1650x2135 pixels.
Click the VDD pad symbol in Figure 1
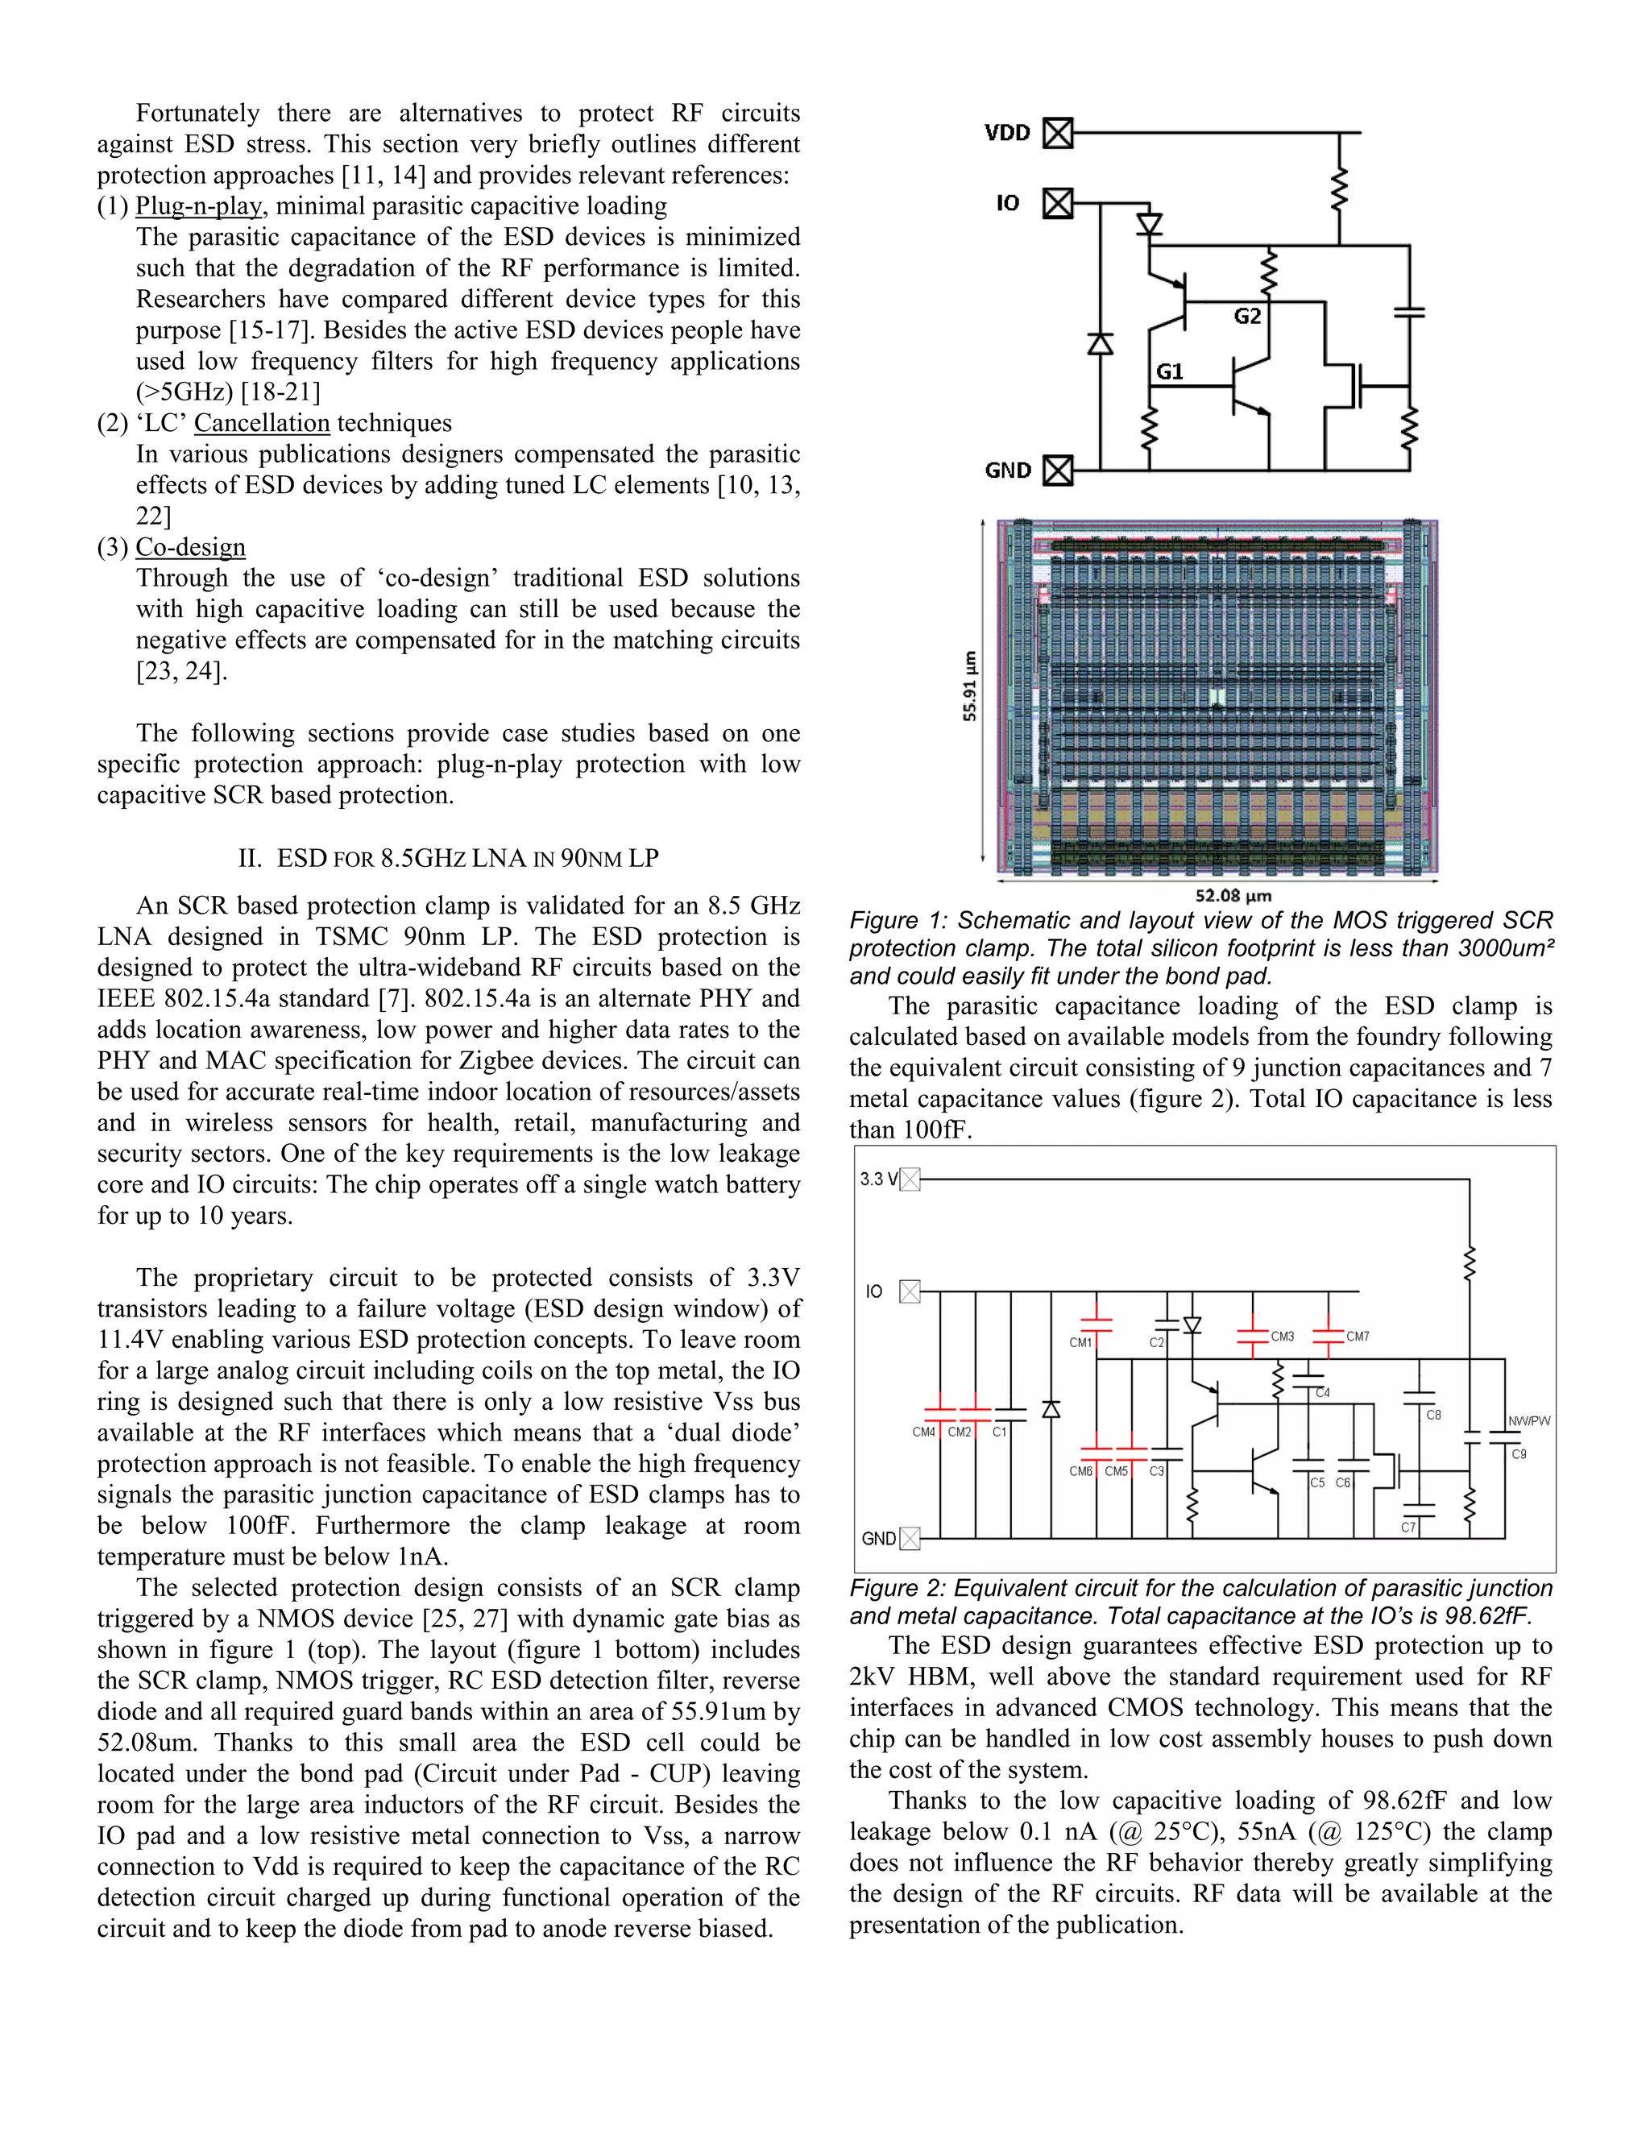point(1058,132)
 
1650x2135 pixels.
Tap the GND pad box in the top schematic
point(1058,471)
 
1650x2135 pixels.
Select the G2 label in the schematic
point(1246,317)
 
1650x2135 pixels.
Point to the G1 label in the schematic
point(1169,371)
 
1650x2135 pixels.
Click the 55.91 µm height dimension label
point(970,686)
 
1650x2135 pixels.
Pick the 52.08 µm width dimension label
point(1233,895)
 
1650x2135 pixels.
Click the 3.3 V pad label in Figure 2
point(878,1179)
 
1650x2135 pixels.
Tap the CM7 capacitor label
point(1358,1337)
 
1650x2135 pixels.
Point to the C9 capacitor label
point(1519,1453)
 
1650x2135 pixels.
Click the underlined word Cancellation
point(262,423)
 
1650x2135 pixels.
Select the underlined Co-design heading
point(191,547)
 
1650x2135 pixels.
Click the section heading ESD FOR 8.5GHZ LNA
point(449,858)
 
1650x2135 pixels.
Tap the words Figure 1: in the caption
point(898,921)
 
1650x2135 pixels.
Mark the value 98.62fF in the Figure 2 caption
point(1488,1616)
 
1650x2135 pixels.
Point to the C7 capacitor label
point(1407,1527)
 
